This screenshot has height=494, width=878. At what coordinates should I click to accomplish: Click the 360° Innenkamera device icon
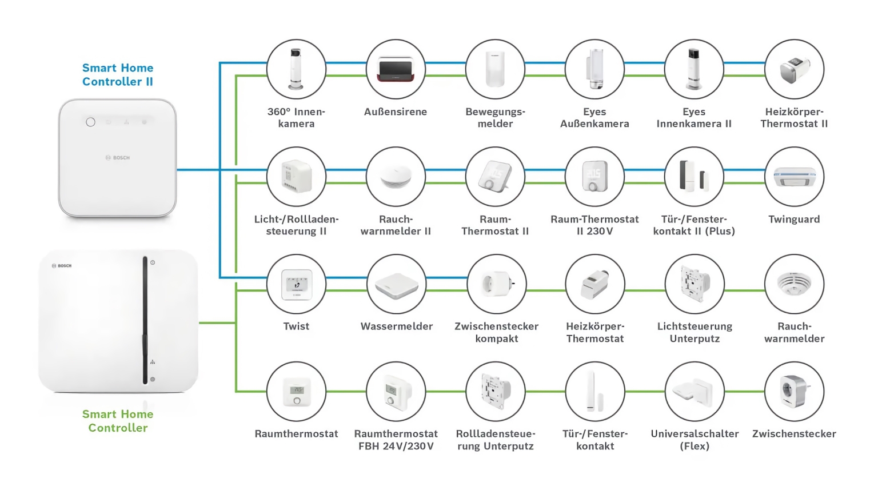tap(296, 69)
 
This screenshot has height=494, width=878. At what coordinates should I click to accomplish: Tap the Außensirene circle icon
tap(396, 69)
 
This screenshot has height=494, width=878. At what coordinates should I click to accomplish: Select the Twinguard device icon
tap(794, 177)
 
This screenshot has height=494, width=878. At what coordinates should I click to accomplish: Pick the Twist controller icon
tap(296, 284)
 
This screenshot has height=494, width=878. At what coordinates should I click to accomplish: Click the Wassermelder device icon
tap(396, 284)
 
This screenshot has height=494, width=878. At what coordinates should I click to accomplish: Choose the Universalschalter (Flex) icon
tap(695, 392)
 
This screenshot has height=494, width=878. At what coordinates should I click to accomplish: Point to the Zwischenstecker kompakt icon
tap(496, 284)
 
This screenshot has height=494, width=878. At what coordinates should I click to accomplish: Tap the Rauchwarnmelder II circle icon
tap(396, 177)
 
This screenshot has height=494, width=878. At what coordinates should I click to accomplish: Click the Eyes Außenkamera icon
tap(594, 69)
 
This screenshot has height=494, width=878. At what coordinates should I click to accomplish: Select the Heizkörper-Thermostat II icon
tap(794, 69)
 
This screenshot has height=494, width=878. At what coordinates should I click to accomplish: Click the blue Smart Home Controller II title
tap(118, 75)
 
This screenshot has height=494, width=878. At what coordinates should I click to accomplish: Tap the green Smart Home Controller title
tap(118, 421)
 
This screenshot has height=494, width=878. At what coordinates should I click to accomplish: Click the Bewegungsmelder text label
tap(495, 118)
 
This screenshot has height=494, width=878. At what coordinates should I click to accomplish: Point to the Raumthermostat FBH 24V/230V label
tap(396, 440)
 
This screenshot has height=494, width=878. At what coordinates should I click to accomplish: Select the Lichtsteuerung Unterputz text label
tap(695, 332)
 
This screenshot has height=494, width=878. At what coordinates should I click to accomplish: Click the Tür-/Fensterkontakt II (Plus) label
tap(694, 225)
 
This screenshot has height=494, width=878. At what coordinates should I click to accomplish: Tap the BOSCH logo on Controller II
tap(118, 158)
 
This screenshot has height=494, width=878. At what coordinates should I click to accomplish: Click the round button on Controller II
tap(90, 122)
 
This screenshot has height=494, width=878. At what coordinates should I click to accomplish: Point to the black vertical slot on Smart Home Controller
tap(145, 320)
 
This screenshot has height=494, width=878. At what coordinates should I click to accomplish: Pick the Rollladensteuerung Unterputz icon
tap(496, 392)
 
